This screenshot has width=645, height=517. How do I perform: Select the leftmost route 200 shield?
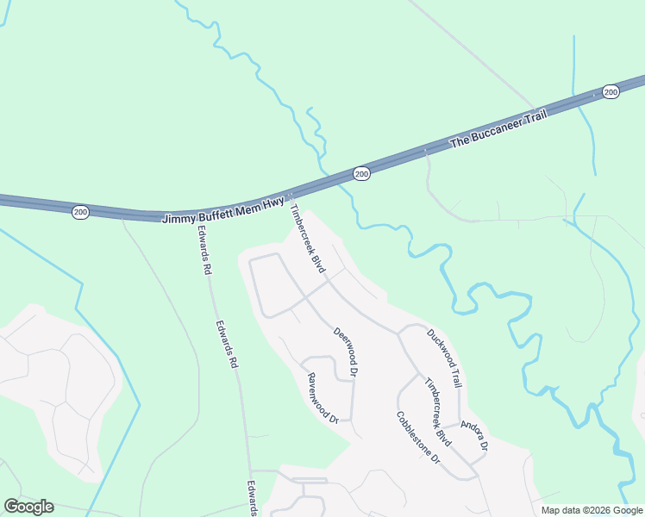coord(80,212)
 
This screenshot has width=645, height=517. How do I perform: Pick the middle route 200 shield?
coord(361,174)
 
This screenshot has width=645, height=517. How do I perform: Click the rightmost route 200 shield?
coord(611,91)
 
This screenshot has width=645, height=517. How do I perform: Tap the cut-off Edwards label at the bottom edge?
coord(253,499)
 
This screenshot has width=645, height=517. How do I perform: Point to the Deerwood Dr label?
coord(345,352)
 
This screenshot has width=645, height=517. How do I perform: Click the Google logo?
coord(29,507)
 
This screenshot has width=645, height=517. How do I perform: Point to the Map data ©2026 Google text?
coord(591,510)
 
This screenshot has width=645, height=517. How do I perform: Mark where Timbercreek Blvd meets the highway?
coord(291,196)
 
